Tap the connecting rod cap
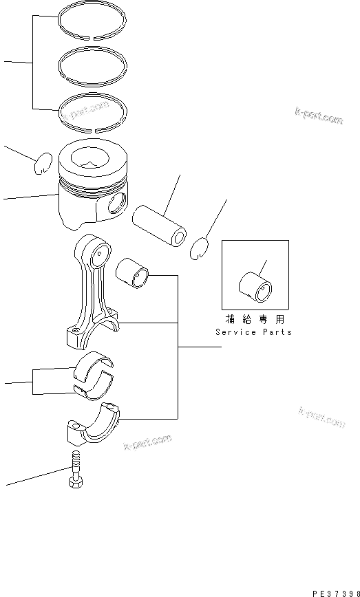pyautogui.click(x=94, y=428)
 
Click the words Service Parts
pyautogui.click(x=253, y=332)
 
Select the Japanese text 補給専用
pyautogui.click(x=254, y=320)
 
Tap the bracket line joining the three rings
pyautogui.click(x=32, y=63)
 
